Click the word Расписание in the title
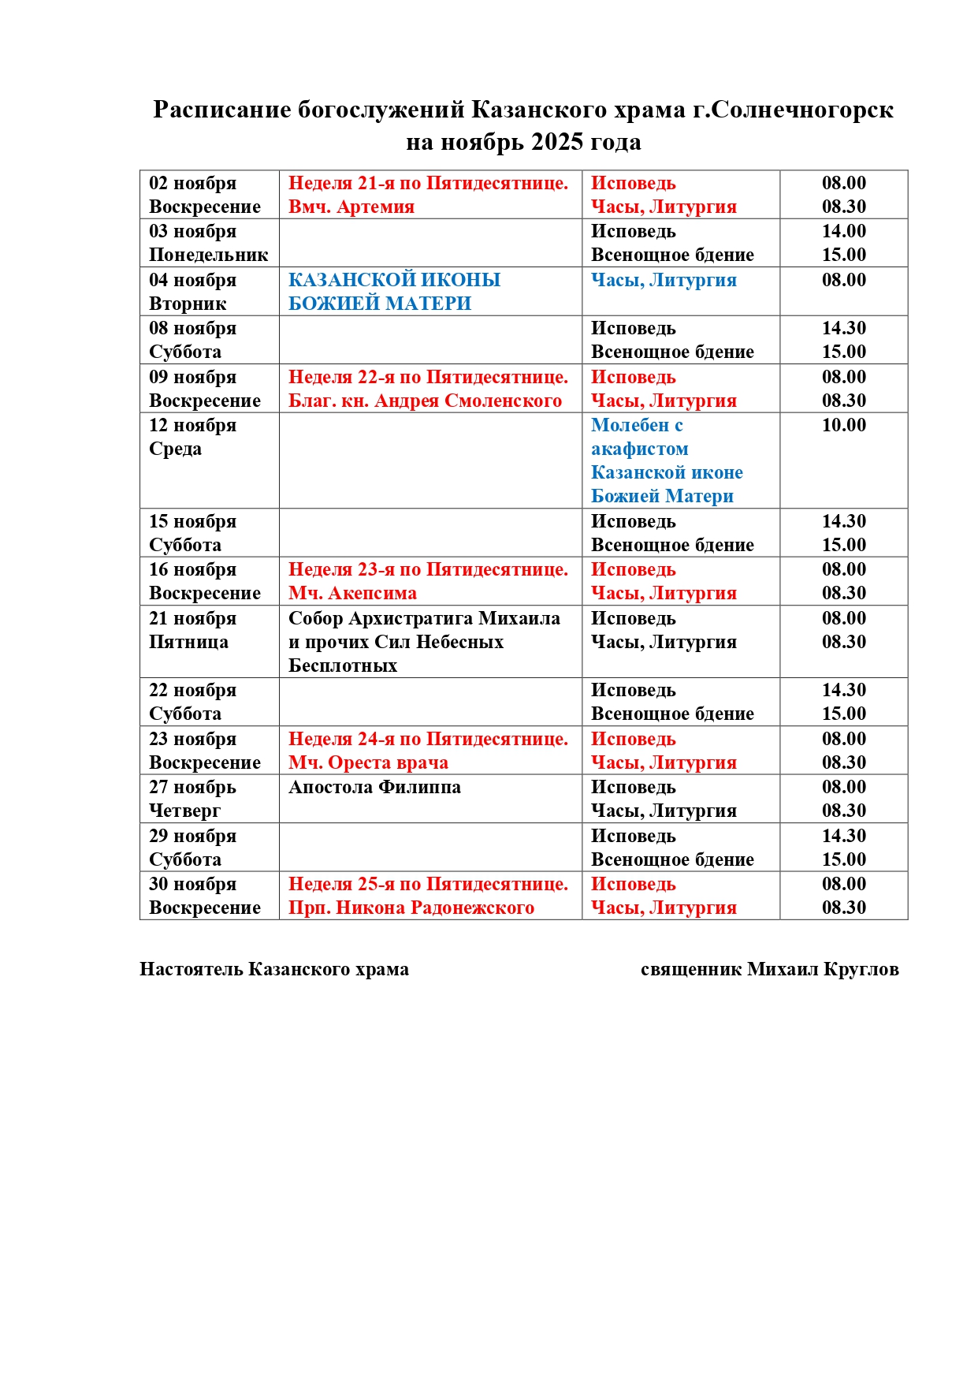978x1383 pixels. click(x=221, y=110)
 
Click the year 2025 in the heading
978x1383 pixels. click(x=556, y=143)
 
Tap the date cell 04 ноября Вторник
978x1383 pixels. click(x=192, y=292)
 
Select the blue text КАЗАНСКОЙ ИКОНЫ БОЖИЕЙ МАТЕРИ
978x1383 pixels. click(x=394, y=292)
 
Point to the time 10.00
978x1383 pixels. click(x=843, y=426)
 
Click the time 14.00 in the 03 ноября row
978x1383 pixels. click(x=843, y=231)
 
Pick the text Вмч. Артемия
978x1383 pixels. click(x=351, y=207)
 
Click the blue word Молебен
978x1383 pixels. click(x=629, y=426)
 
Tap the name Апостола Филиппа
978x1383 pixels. click(x=374, y=788)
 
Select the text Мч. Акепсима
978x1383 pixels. click(x=352, y=594)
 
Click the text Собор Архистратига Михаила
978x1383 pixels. click(x=424, y=619)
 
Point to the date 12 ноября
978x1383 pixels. click(x=192, y=426)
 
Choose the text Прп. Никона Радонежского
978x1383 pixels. click(x=411, y=908)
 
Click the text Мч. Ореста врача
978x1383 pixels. click(x=368, y=763)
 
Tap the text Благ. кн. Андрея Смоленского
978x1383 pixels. click(x=425, y=401)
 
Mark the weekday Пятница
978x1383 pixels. click(x=188, y=643)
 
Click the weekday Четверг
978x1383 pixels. click(x=184, y=811)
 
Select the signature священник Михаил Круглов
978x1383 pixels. click(x=769, y=970)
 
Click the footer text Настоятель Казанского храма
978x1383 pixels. click(x=274, y=970)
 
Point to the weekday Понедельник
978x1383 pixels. click(x=208, y=255)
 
